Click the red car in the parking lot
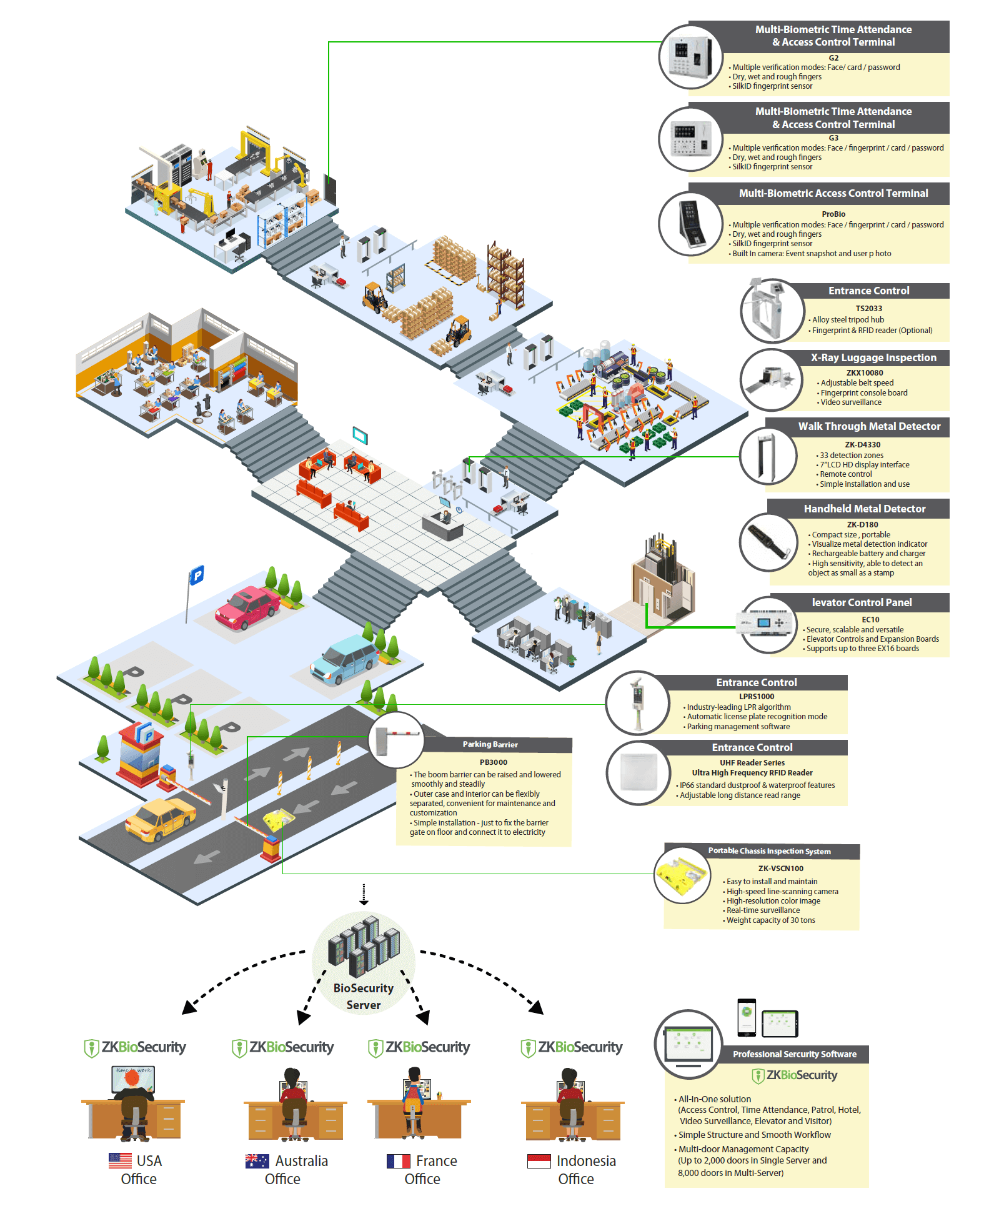click(247, 607)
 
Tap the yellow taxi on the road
click(161, 819)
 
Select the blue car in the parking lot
click(344, 659)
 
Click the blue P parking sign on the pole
click(197, 574)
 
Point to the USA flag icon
click(120, 1160)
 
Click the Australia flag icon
click(257, 1160)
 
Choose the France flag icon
click(398, 1161)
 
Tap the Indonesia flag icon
click(539, 1161)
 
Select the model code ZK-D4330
click(862, 445)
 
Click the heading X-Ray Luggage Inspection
click(873, 357)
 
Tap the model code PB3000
click(494, 762)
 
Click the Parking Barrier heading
click(490, 744)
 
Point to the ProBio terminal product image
click(692, 224)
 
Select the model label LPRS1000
click(757, 697)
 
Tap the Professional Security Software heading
click(795, 1054)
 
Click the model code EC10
click(870, 620)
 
